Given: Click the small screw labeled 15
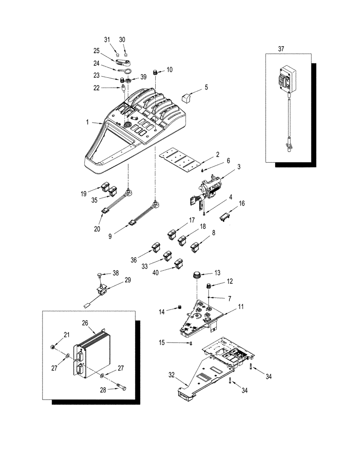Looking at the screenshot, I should pyautogui.click(x=191, y=343).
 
